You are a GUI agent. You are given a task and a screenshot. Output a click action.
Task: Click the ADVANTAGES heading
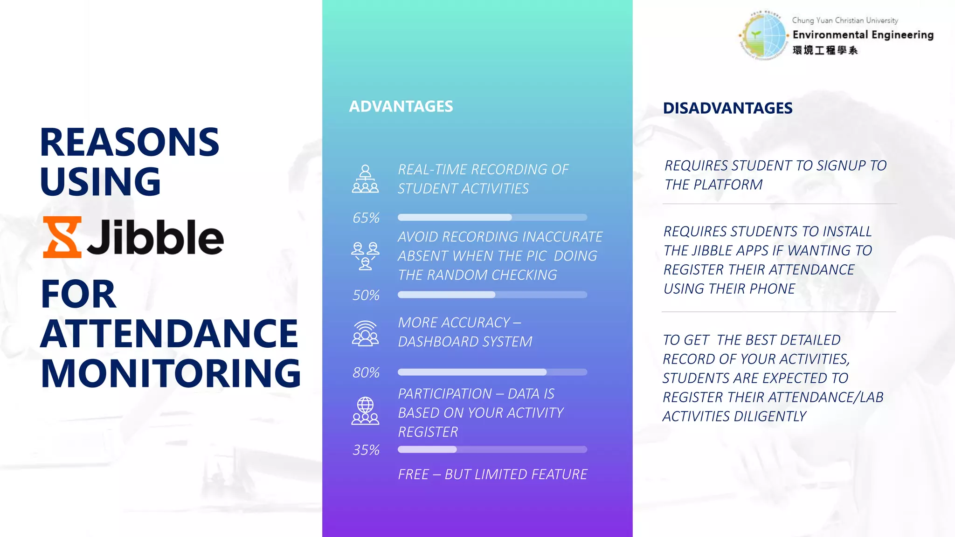pos(401,106)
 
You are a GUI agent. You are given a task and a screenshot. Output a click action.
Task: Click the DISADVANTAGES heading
pos(727,108)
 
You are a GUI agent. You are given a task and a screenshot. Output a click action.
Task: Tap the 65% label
pos(366,218)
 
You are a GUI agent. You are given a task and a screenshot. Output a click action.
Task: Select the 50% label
pos(366,295)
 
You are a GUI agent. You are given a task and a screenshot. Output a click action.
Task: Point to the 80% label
pos(366,372)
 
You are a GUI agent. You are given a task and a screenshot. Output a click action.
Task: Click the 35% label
pos(366,450)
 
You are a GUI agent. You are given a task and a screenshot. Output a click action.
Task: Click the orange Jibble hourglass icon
pos(62,237)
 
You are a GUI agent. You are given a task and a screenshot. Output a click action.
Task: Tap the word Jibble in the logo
pos(155,237)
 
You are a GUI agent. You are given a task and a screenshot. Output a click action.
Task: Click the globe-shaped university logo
pos(763,35)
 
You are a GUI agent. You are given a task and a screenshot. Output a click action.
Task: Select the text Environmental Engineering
pos(863,35)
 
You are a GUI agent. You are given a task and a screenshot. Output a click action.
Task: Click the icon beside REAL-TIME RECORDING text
pos(365,179)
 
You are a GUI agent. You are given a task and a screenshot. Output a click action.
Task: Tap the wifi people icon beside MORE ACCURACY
pos(365,333)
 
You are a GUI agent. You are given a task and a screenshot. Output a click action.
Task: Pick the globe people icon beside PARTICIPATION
pos(365,411)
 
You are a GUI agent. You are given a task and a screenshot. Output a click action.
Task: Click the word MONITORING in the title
pos(171,373)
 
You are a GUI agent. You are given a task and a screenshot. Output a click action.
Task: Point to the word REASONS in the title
pos(129,142)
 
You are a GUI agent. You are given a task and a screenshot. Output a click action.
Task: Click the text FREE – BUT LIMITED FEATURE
pos(492,475)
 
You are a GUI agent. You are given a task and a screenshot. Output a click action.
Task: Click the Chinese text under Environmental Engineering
pos(824,50)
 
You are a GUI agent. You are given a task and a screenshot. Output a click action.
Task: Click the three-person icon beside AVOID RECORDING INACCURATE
pos(365,255)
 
